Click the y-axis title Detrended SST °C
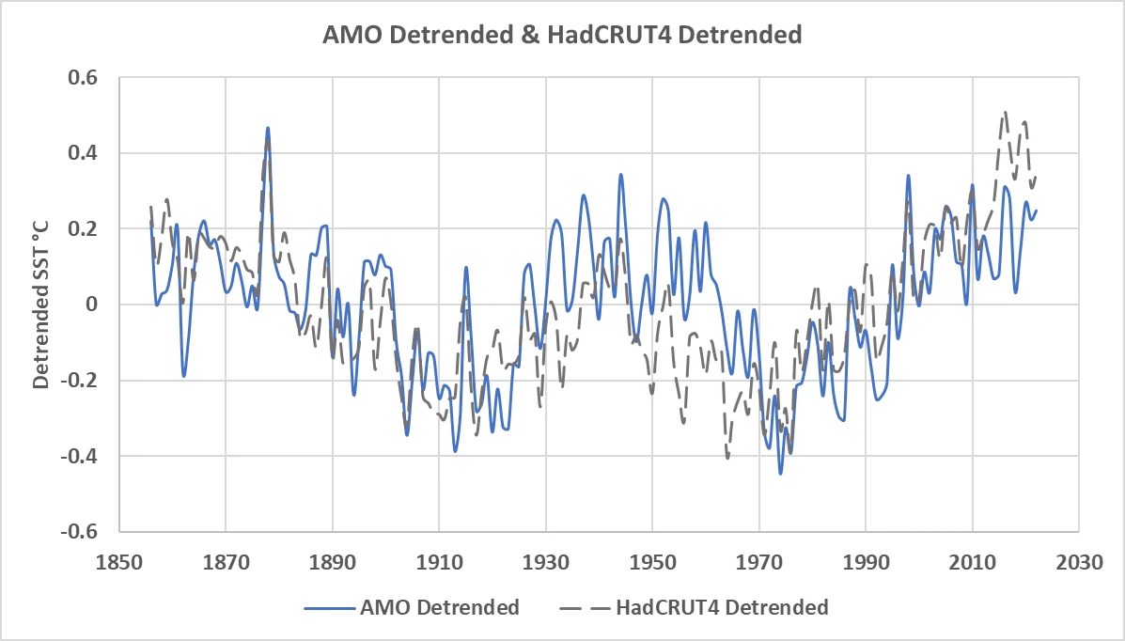click(41, 305)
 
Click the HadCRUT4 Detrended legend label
click(722, 607)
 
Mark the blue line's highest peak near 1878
click(268, 128)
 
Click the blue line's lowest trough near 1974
click(780, 473)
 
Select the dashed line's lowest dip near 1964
click(727, 458)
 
